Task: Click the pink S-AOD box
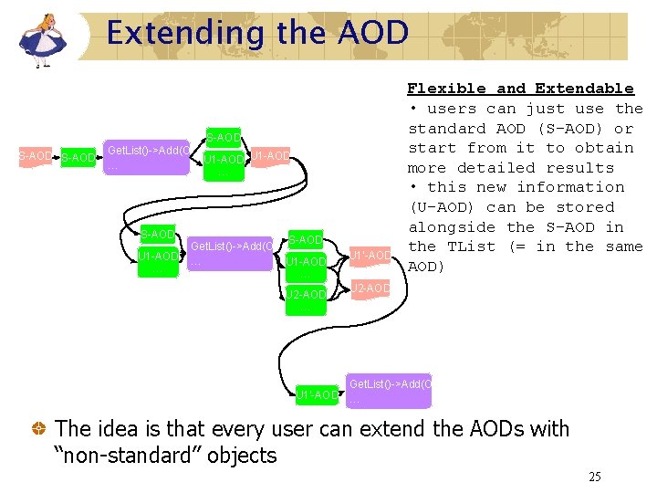coord(35,157)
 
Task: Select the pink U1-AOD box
coord(270,156)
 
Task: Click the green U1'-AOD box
coord(316,394)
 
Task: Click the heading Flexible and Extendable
coord(520,89)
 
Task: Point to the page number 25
coord(594,477)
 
